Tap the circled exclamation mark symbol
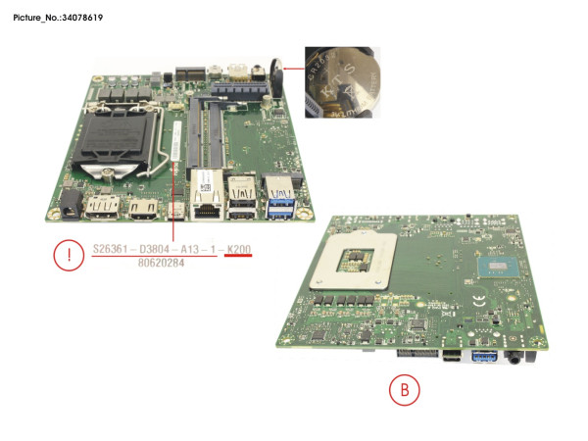pos(68,258)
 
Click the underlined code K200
pos(238,251)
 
